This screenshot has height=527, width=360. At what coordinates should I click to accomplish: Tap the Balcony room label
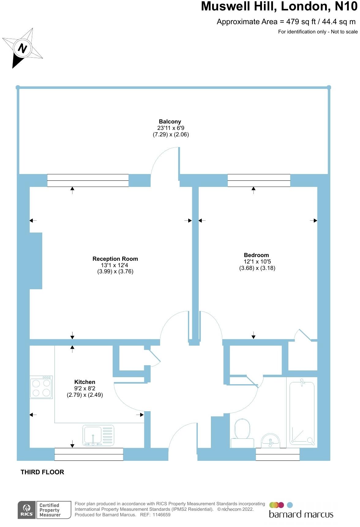(170, 122)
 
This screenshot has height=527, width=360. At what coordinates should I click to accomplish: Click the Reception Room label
(115, 259)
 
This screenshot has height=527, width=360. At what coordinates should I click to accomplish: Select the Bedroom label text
(256, 255)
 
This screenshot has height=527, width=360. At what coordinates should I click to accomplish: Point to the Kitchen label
(85, 382)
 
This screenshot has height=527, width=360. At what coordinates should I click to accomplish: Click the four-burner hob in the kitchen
(41, 388)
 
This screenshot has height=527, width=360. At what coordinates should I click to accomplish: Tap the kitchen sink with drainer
(98, 435)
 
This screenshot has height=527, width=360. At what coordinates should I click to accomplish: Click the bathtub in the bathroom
(302, 412)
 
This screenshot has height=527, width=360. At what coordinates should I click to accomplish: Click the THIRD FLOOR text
(42, 472)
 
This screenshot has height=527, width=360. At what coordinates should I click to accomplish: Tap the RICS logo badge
(27, 510)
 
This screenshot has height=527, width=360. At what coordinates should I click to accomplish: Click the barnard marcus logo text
(301, 514)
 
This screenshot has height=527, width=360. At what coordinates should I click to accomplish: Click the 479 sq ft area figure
(301, 22)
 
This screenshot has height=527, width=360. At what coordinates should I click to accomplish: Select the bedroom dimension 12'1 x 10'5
(257, 262)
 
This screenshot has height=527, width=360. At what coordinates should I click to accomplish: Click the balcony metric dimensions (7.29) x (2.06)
(171, 135)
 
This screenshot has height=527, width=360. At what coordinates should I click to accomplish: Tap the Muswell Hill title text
(279, 6)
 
